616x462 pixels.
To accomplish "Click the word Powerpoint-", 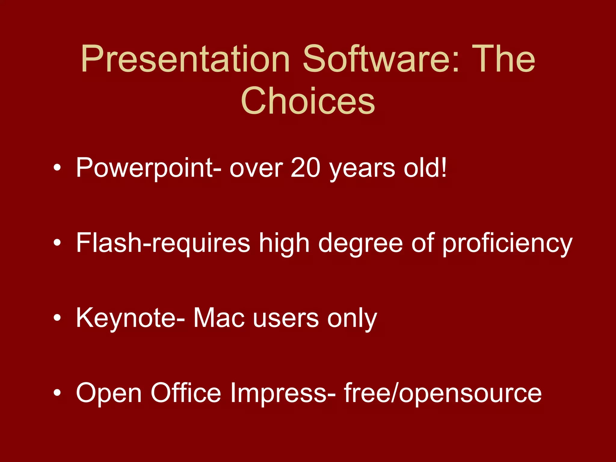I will [149, 168].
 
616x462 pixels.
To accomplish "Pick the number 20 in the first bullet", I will [305, 168].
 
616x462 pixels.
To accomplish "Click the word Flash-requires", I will [163, 243].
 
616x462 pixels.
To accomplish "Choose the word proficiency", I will [507, 244].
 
